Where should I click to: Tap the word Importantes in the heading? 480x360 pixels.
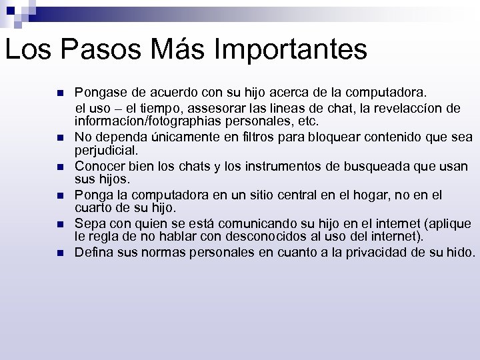click(294, 50)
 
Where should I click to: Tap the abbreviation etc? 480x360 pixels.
click(309, 122)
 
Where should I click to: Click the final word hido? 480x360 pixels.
click(459, 253)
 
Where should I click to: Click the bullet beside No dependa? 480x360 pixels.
click(59, 137)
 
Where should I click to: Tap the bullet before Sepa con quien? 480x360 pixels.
click(59, 224)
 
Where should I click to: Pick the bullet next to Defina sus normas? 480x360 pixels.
click(59, 253)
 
